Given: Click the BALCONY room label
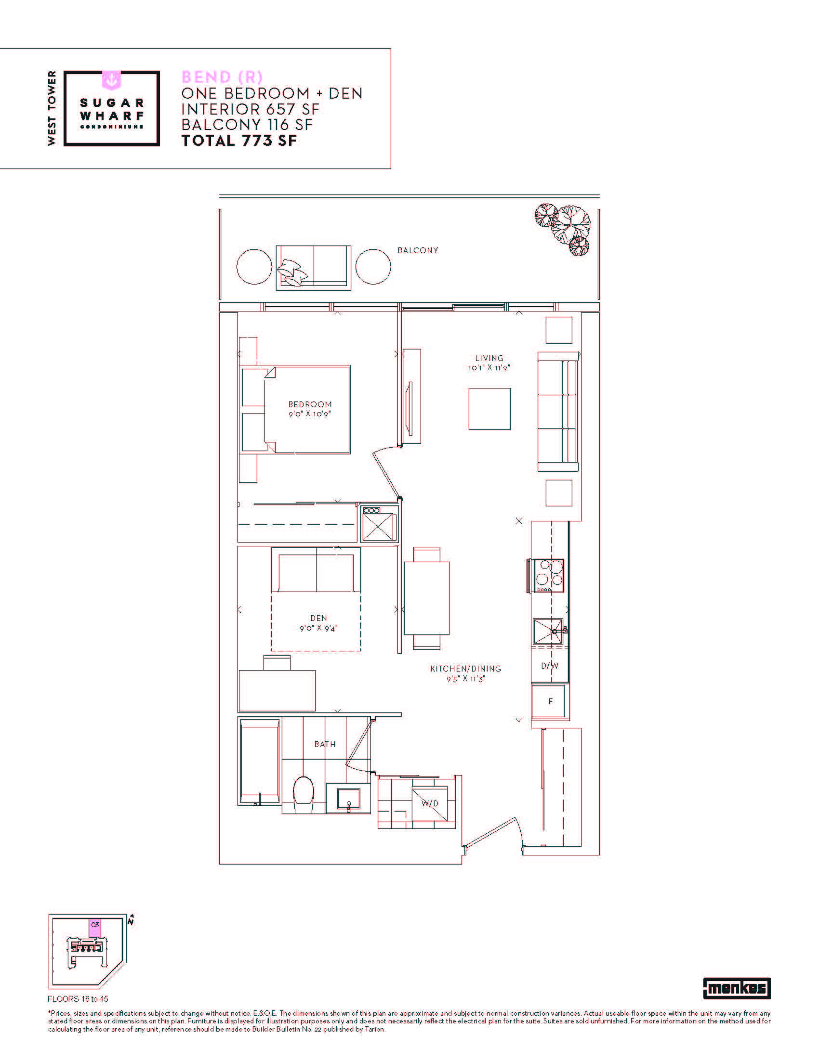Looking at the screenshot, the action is [x=417, y=250].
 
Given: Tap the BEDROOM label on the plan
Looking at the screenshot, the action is [x=310, y=404].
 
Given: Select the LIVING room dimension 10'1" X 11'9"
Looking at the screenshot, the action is [x=489, y=368].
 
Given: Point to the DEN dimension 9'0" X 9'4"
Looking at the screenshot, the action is [x=318, y=628].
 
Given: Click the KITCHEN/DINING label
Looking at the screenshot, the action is [x=466, y=669].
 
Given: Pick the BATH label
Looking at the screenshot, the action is [x=325, y=744].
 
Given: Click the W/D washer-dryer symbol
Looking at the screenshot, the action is [x=430, y=803].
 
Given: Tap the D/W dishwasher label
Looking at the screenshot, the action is [x=550, y=666].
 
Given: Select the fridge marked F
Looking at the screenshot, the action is [x=550, y=701].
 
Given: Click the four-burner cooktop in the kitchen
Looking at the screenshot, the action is [x=549, y=575].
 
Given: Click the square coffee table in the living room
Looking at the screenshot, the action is [x=489, y=409].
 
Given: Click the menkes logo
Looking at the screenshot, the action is [x=737, y=988].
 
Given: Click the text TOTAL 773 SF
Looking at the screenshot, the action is [x=238, y=141].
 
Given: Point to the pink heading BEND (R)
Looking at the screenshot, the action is [x=222, y=77].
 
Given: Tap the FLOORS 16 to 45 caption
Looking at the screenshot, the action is [x=78, y=999].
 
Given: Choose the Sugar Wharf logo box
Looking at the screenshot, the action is [x=112, y=108].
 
